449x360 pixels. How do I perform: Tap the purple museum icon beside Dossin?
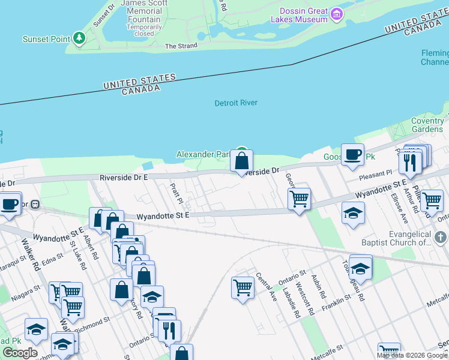(337, 13)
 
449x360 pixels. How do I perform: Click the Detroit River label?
(236, 103)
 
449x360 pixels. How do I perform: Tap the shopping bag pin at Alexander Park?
(241, 161)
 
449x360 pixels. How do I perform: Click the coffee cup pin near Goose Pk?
(352, 155)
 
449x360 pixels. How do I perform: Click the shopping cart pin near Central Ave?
(243, 287)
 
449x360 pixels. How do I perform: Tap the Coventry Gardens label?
(427, 125)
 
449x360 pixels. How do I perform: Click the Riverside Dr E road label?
(124, 178)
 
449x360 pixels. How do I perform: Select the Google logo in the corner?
(20, 353)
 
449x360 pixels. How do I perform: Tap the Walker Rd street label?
(29, 253)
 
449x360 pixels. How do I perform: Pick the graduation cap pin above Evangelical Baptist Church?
(353, 213)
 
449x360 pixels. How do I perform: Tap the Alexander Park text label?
(203, 155)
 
